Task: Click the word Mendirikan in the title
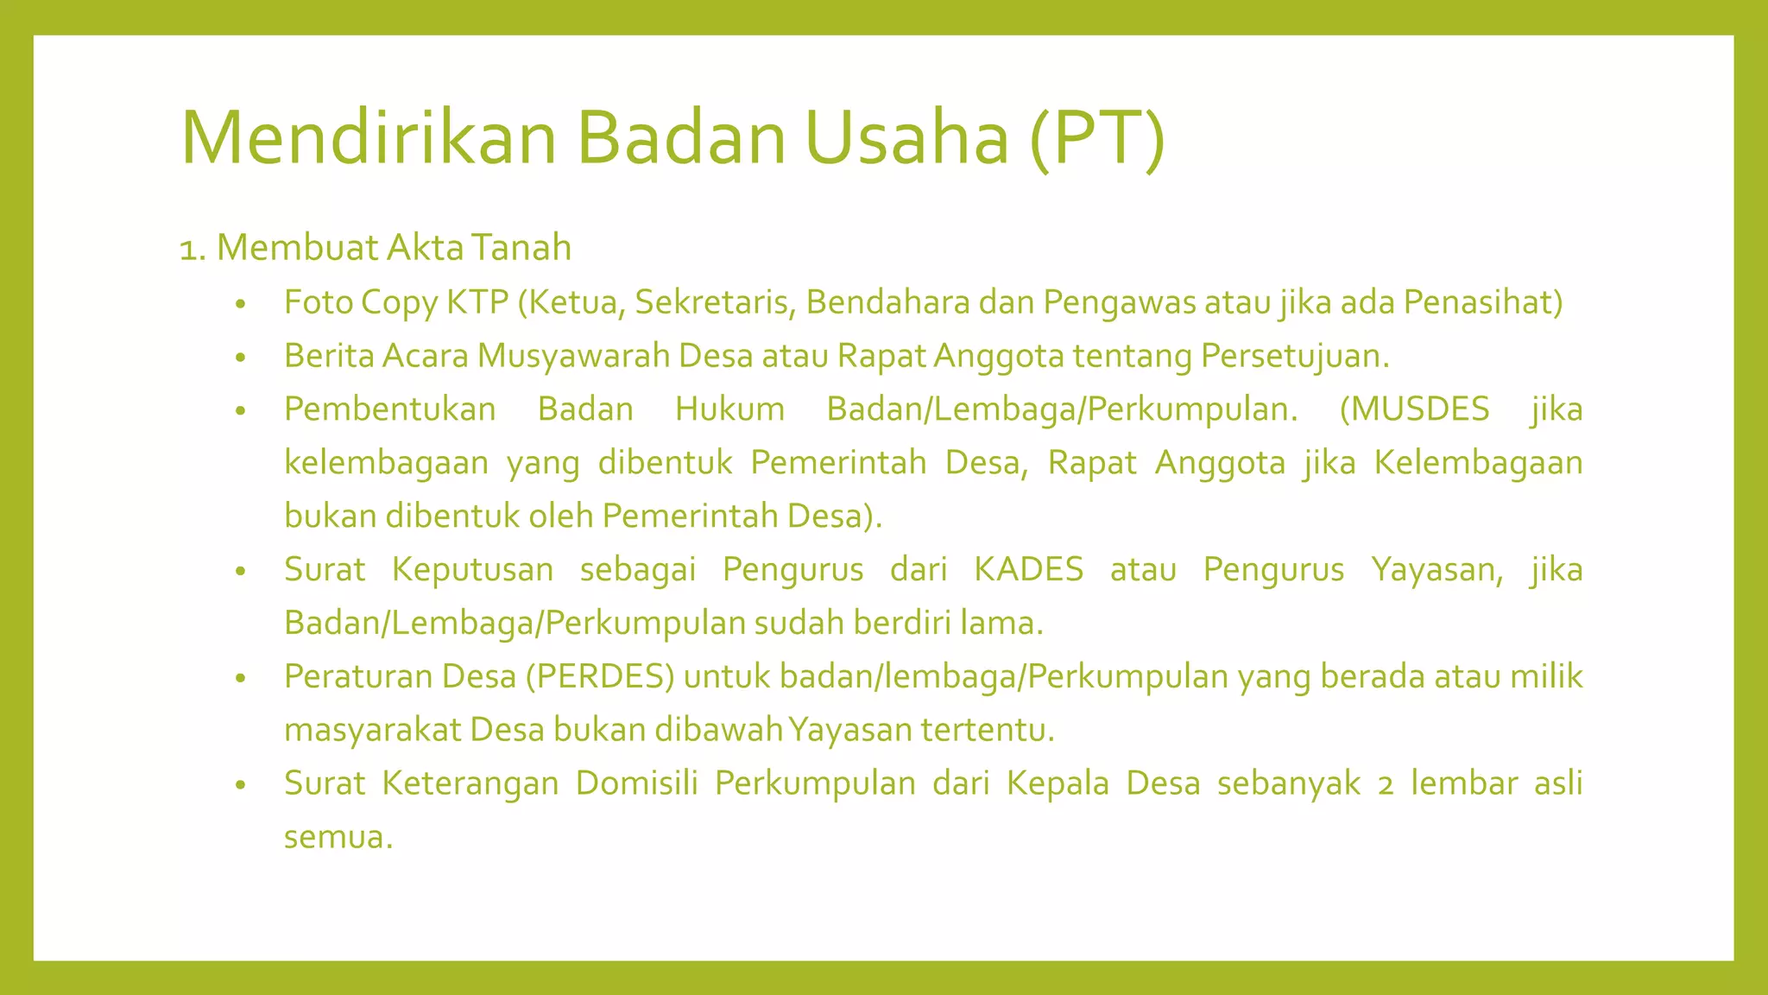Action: point(369,138)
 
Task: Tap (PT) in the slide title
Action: point(1097,138)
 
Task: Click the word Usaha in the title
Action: point(907,138)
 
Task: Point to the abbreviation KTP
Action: point(477,302)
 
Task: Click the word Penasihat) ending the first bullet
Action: point(1483,302)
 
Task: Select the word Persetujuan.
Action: point(1295,356)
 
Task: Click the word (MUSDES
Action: point(1414,409)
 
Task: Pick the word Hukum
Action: point(729,409)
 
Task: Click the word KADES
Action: point(1028,570)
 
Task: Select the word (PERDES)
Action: point(600,676)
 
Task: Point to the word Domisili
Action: point(636,783)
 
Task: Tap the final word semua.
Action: point(338,837)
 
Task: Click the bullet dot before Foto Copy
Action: point(241,304)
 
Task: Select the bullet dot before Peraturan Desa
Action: point(241,678)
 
